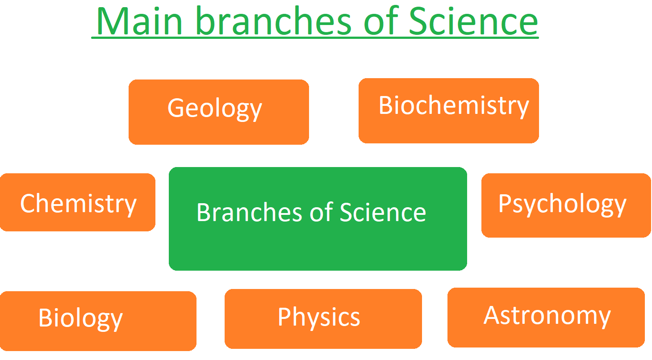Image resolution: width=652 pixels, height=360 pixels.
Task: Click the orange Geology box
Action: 218,112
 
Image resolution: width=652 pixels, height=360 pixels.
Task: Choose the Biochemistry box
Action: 448,111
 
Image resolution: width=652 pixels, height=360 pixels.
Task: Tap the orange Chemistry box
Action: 77,202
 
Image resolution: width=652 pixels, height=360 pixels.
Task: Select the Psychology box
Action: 566,205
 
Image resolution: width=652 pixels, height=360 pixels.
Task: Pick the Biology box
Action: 98,321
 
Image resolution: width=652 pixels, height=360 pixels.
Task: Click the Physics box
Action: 323,318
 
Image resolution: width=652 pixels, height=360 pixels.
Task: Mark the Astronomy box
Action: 546,317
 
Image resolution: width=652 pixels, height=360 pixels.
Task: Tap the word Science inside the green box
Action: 383,212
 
